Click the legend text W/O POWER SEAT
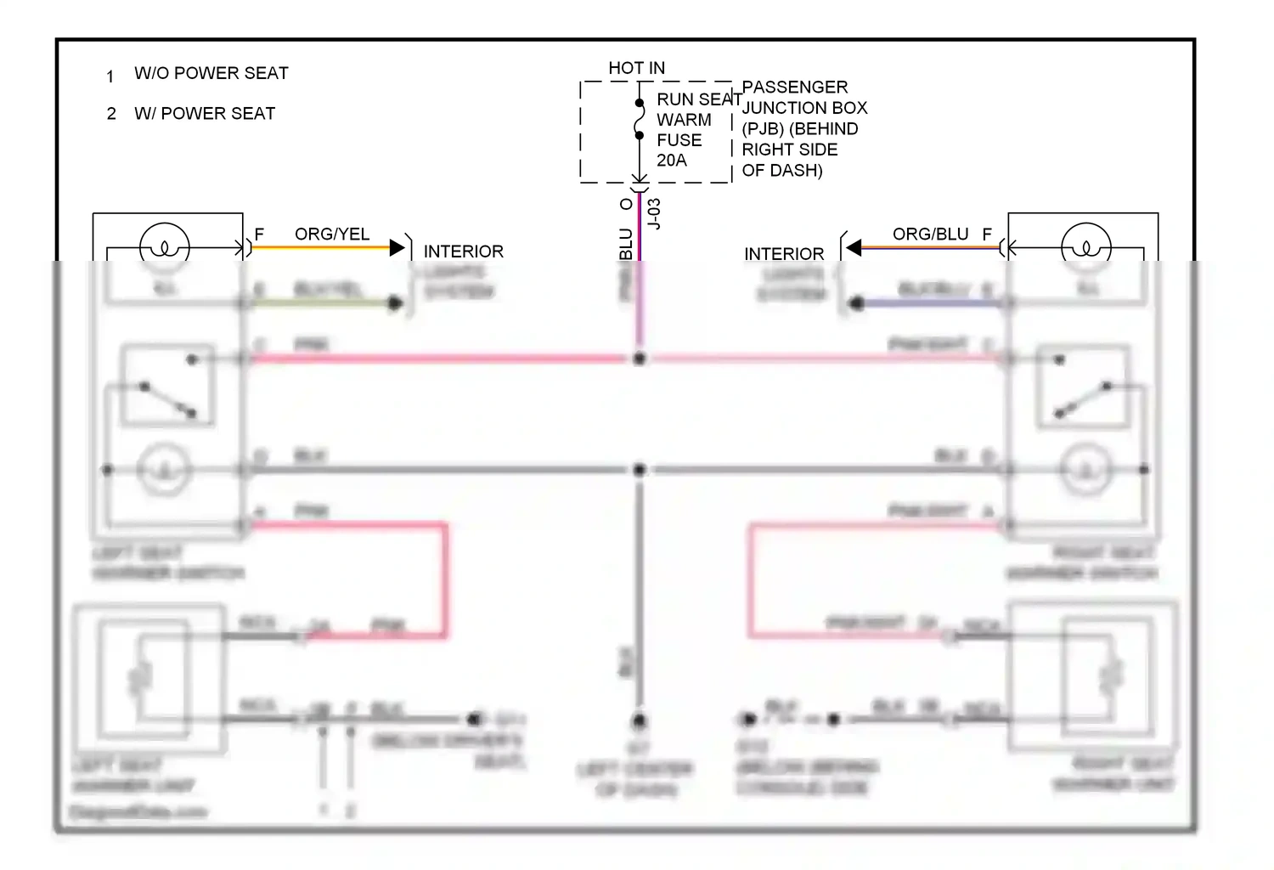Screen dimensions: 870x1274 tap(211, 73)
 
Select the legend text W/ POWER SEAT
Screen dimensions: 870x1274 tap(205, 113)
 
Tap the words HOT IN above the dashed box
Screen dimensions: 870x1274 tap(636, 68)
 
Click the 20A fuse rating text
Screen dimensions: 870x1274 tap(671, 160)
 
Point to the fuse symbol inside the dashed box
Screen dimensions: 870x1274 tap(640, 119)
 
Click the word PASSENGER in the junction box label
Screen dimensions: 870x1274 tap(794, 88)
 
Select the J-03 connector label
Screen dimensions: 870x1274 tap(654, 214)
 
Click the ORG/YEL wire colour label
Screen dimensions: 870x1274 tap(331, 234)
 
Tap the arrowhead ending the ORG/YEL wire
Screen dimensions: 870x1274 tap(397, 248)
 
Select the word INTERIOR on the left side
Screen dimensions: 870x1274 tap(463, 251)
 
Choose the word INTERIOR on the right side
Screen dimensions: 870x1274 tap(783, 254)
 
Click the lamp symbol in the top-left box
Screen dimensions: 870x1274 tap(164, 246)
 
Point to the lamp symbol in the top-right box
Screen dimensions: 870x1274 tap(1085, 246)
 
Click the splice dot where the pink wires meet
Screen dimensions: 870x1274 tap(640, 359)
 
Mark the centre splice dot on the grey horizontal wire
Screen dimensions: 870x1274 tap(640, 469)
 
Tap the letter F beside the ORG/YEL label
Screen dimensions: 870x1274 tap(259, 234)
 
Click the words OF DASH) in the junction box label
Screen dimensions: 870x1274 tap(781, 170)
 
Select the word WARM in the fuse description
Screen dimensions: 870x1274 tap(684, 120)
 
